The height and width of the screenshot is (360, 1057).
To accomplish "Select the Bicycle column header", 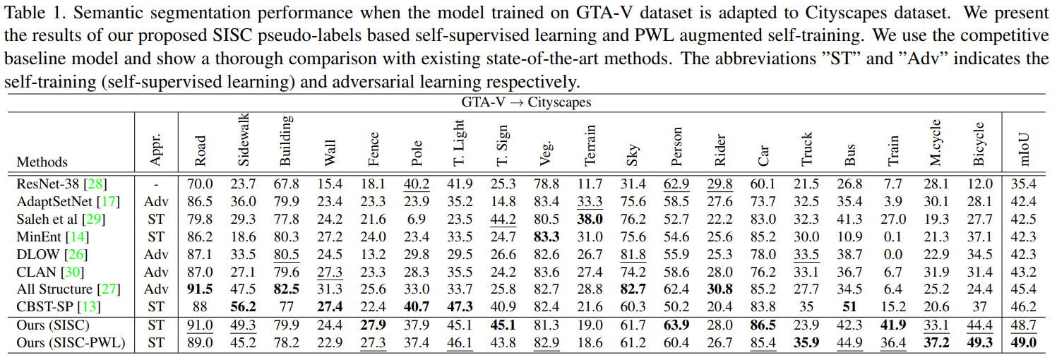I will (979, 144).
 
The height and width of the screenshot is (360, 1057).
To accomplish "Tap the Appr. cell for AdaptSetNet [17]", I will (156, 201).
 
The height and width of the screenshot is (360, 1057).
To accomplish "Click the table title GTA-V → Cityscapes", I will (526, 102).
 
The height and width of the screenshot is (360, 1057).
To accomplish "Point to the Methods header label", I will (42, 162).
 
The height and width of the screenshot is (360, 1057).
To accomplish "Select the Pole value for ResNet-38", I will (416, 184).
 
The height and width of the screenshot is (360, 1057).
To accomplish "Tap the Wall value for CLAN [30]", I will (328, 271).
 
